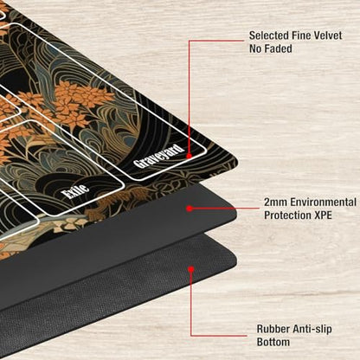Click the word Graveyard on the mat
[x=158, y=156]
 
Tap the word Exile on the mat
[x=76, y=191]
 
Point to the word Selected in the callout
[x=268, y=35]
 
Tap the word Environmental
[x=323, y=202]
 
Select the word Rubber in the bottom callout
[x=273, y=329]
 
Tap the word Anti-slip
[x=312, y=329]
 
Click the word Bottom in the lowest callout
[x=273, y=342]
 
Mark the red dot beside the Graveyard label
[x=189, y=156]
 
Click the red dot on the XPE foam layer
[x=190, y=209]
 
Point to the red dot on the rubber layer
[x=190, y=269]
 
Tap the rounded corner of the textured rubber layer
[x=235, y=260]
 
